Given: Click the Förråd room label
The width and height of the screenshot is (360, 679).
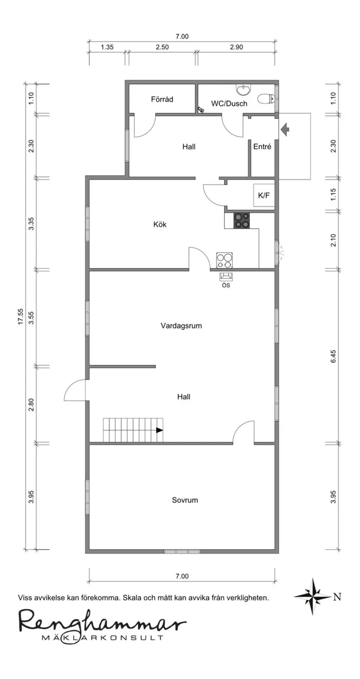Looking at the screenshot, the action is (x=162, y=99).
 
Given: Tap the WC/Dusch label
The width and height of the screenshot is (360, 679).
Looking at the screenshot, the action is (x=229, y=104).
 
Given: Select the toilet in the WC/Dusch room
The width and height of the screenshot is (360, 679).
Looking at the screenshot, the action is (x=266, y=99).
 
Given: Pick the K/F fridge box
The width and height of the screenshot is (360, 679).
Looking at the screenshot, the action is (x=264, y=195).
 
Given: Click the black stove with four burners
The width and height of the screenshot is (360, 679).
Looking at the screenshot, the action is (x=242, y=220).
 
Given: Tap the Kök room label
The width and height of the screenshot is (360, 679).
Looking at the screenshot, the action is (x=160, y=225).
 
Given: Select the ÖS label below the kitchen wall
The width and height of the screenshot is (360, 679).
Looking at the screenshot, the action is (x=226, y=285).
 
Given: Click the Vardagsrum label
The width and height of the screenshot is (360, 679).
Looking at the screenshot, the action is (x=181, y=326).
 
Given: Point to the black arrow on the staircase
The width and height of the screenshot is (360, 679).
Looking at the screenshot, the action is (x=159, y=430).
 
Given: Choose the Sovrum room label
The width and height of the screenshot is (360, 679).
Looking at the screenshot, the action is (x=185, y=500).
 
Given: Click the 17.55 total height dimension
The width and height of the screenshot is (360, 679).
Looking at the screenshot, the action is (x=21, y=316).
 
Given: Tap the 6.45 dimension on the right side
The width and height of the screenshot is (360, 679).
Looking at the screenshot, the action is (x=333, y=357).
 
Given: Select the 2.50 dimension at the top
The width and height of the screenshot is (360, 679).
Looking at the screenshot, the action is (x=162, y=47).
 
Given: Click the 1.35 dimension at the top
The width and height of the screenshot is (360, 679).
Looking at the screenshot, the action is (x=107, y=47).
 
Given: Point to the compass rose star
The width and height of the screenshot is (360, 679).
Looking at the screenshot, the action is (x=313, y=597).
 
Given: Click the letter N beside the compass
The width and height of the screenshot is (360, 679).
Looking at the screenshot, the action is (x=337, y=597).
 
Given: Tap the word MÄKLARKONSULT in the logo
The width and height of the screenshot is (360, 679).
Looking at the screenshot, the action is (x=102, y=637).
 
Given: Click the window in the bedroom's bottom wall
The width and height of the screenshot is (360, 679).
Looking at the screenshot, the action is (x=182, y=551).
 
